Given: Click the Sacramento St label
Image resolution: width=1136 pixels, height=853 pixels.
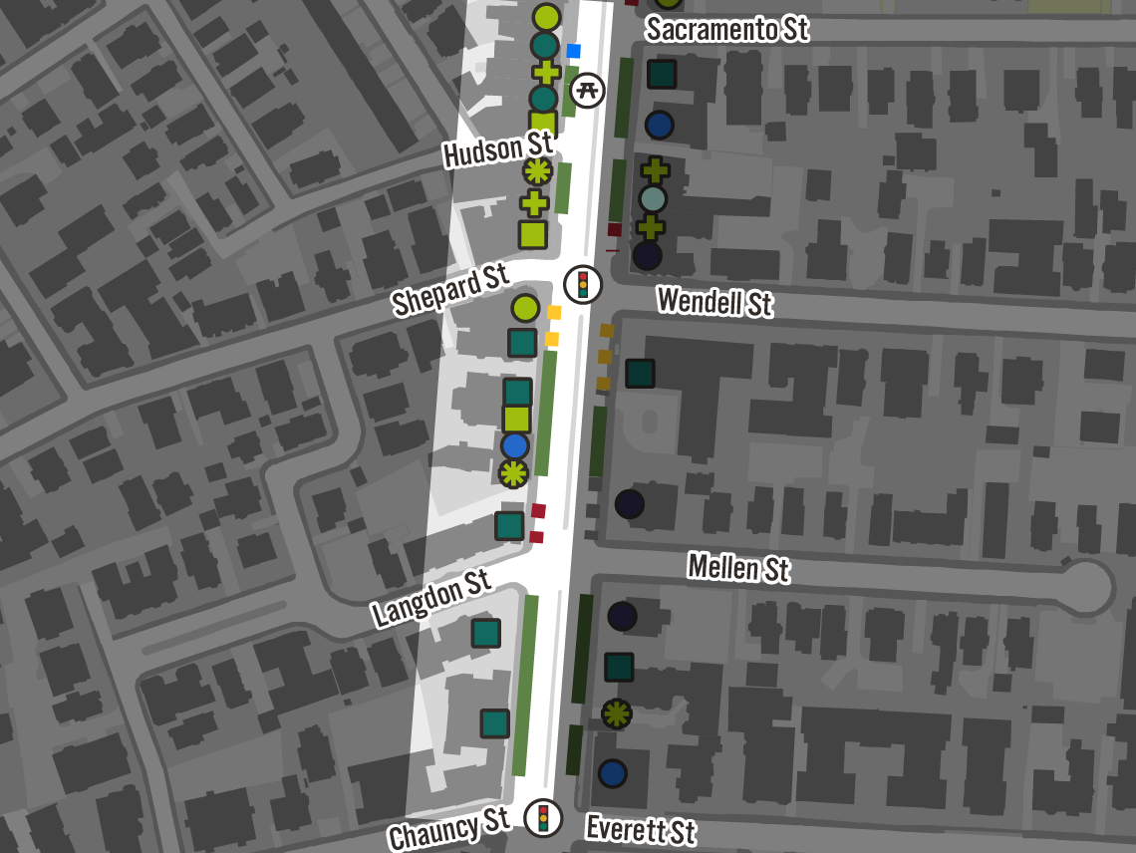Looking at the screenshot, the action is coord(726,29).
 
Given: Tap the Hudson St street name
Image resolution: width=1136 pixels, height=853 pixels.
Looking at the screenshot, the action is coord(497,150).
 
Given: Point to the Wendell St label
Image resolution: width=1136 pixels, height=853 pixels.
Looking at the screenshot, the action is coord(714,300).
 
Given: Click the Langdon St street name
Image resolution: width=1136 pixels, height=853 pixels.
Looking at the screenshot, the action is coord(431,598).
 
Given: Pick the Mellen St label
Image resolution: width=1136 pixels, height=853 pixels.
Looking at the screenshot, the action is coord(738,568).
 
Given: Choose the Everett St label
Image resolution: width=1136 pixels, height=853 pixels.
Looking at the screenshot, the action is coord(640,828).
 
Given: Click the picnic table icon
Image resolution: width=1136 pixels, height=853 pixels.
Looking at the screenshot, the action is coord(588,90).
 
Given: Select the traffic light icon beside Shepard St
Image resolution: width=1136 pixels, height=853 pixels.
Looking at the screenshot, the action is coord(583,285).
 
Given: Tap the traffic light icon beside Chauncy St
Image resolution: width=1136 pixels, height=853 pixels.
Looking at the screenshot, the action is coord(543,818).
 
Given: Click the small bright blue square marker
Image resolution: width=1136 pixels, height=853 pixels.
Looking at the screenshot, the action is coord(573,50).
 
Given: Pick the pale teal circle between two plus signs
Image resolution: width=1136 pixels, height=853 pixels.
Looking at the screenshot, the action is coord(653,199).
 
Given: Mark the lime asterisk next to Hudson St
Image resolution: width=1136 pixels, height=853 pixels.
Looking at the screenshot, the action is coord(537,171).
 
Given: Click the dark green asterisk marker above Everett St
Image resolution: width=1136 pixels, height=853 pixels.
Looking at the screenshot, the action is coord(617,713).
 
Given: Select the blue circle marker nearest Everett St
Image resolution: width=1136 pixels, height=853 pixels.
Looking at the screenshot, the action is coord(612,772).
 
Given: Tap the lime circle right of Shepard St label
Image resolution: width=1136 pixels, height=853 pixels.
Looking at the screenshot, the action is coord(525,308).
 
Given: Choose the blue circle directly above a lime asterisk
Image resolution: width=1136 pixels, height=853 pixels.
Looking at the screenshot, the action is coord(514,445).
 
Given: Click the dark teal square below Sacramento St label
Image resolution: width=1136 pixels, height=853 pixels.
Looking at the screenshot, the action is coord(662,74).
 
